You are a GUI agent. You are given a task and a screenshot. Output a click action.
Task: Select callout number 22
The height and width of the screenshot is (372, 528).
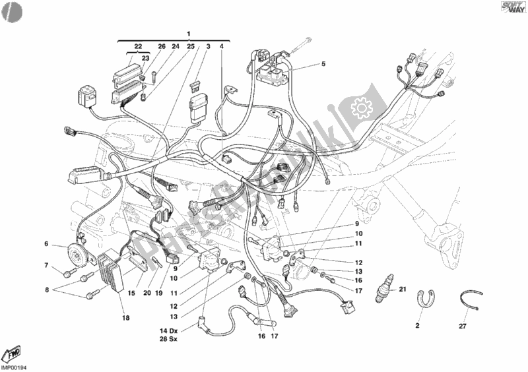[137, 46]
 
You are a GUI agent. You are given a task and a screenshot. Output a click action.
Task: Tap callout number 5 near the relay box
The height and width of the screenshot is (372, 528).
[323, 64]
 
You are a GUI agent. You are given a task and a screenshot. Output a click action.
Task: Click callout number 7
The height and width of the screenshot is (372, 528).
[47, 266]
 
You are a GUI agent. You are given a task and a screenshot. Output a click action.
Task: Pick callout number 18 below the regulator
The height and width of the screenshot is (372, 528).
[125, 317]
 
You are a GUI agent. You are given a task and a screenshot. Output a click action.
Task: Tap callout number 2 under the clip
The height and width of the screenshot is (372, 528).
[417, 325]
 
